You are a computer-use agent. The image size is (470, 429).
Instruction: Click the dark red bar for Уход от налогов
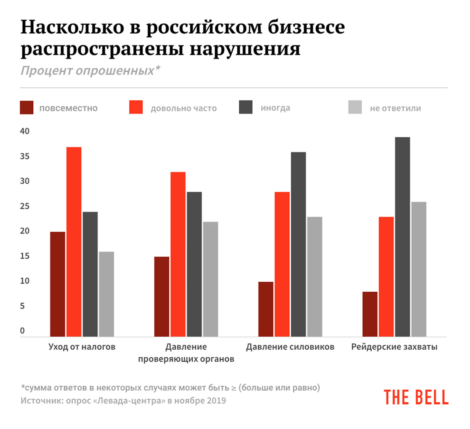(58, 284)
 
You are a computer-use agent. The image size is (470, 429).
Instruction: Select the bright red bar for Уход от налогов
(74, 242)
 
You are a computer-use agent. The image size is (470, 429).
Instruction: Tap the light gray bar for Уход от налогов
(106, 294)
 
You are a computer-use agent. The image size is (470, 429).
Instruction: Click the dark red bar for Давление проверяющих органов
(162, 297)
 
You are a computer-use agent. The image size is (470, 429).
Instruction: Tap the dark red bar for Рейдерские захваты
(370, 314)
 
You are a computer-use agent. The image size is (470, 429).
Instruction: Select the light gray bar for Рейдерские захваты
(419, 269)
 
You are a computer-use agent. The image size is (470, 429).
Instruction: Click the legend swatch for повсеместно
(27, 108)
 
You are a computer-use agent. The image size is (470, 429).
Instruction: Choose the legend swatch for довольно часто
(136, 108)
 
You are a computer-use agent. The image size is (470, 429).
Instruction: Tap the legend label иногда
(275, 108)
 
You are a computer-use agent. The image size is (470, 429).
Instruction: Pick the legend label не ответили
(395, 108)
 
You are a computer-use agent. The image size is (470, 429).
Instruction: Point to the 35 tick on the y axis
(25, 156)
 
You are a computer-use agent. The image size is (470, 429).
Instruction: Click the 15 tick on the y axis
(25, 256)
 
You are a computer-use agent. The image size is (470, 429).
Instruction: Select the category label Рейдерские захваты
(394, 347)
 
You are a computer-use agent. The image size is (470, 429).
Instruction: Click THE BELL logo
(416, 397)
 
